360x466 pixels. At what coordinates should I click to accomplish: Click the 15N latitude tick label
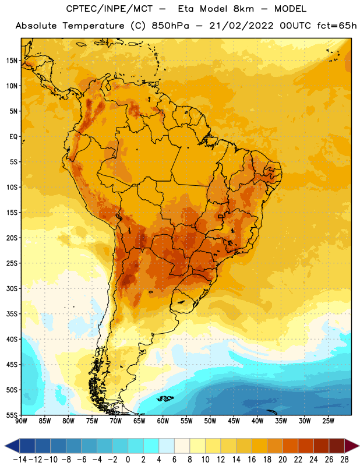pos(12,61)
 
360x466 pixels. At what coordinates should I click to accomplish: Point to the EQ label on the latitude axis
pos(13,137)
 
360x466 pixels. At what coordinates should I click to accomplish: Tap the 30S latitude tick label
pos(12,288)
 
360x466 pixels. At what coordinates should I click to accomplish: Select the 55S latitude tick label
pos(12,415)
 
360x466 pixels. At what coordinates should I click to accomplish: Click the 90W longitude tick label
pos(22,421)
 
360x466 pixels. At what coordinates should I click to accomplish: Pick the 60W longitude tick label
pos(163,421)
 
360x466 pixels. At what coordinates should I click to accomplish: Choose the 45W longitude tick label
pos(234,421)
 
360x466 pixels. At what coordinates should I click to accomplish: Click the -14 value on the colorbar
pos(20,460)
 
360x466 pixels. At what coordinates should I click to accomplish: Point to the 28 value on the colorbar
pos(344,460)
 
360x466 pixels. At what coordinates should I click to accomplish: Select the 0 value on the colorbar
pos(128,460)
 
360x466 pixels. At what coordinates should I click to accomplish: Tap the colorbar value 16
pos(252,460)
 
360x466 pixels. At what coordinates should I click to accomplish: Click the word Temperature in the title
pos(93,26)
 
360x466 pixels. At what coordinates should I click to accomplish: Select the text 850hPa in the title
pos(170,26)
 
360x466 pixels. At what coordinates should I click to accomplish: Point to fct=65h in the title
pos(337,26)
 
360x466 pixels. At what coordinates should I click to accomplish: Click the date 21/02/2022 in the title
pos(241,26)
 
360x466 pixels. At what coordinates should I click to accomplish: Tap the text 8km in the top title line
pos(243,9)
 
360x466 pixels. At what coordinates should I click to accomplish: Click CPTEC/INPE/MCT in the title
pos(110,9)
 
